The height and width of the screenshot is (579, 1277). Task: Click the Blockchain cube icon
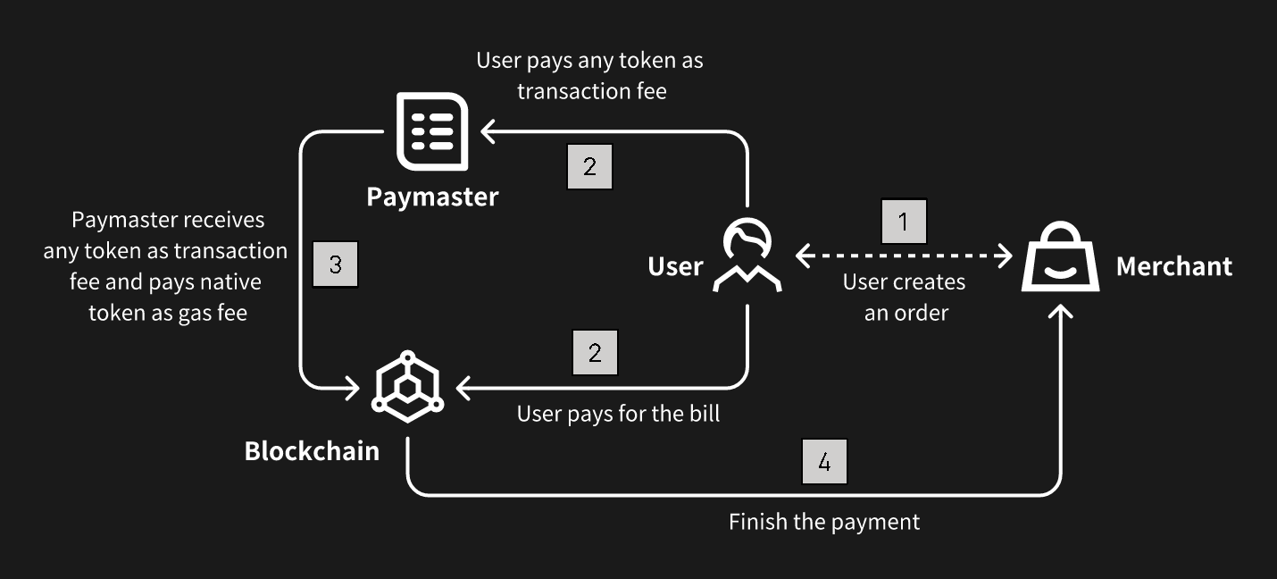(407, 386)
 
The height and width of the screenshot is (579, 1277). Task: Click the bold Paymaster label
(432, 197)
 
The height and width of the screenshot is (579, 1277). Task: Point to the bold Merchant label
(1174, 265)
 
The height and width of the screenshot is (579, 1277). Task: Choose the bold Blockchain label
(312, 450)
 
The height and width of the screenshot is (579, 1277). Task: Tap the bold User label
(675, 265)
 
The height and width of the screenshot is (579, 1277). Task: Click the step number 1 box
(904, 221)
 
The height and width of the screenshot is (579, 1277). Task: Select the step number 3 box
(335, 264)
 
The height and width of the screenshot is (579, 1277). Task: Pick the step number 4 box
(824, 461)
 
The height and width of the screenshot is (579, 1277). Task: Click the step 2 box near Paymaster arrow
(590, 166)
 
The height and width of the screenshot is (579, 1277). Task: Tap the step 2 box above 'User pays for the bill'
(594, 353)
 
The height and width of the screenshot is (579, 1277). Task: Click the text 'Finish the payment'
(824, 521)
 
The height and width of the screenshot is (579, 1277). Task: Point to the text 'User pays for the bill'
(618, 414)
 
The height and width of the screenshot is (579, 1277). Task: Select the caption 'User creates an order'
(905, 297)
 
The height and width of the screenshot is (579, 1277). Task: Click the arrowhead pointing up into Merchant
(1060, 314)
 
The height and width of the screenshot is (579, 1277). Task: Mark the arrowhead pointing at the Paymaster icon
(488, 132)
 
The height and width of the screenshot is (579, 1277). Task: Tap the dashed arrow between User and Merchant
(904, 256)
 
